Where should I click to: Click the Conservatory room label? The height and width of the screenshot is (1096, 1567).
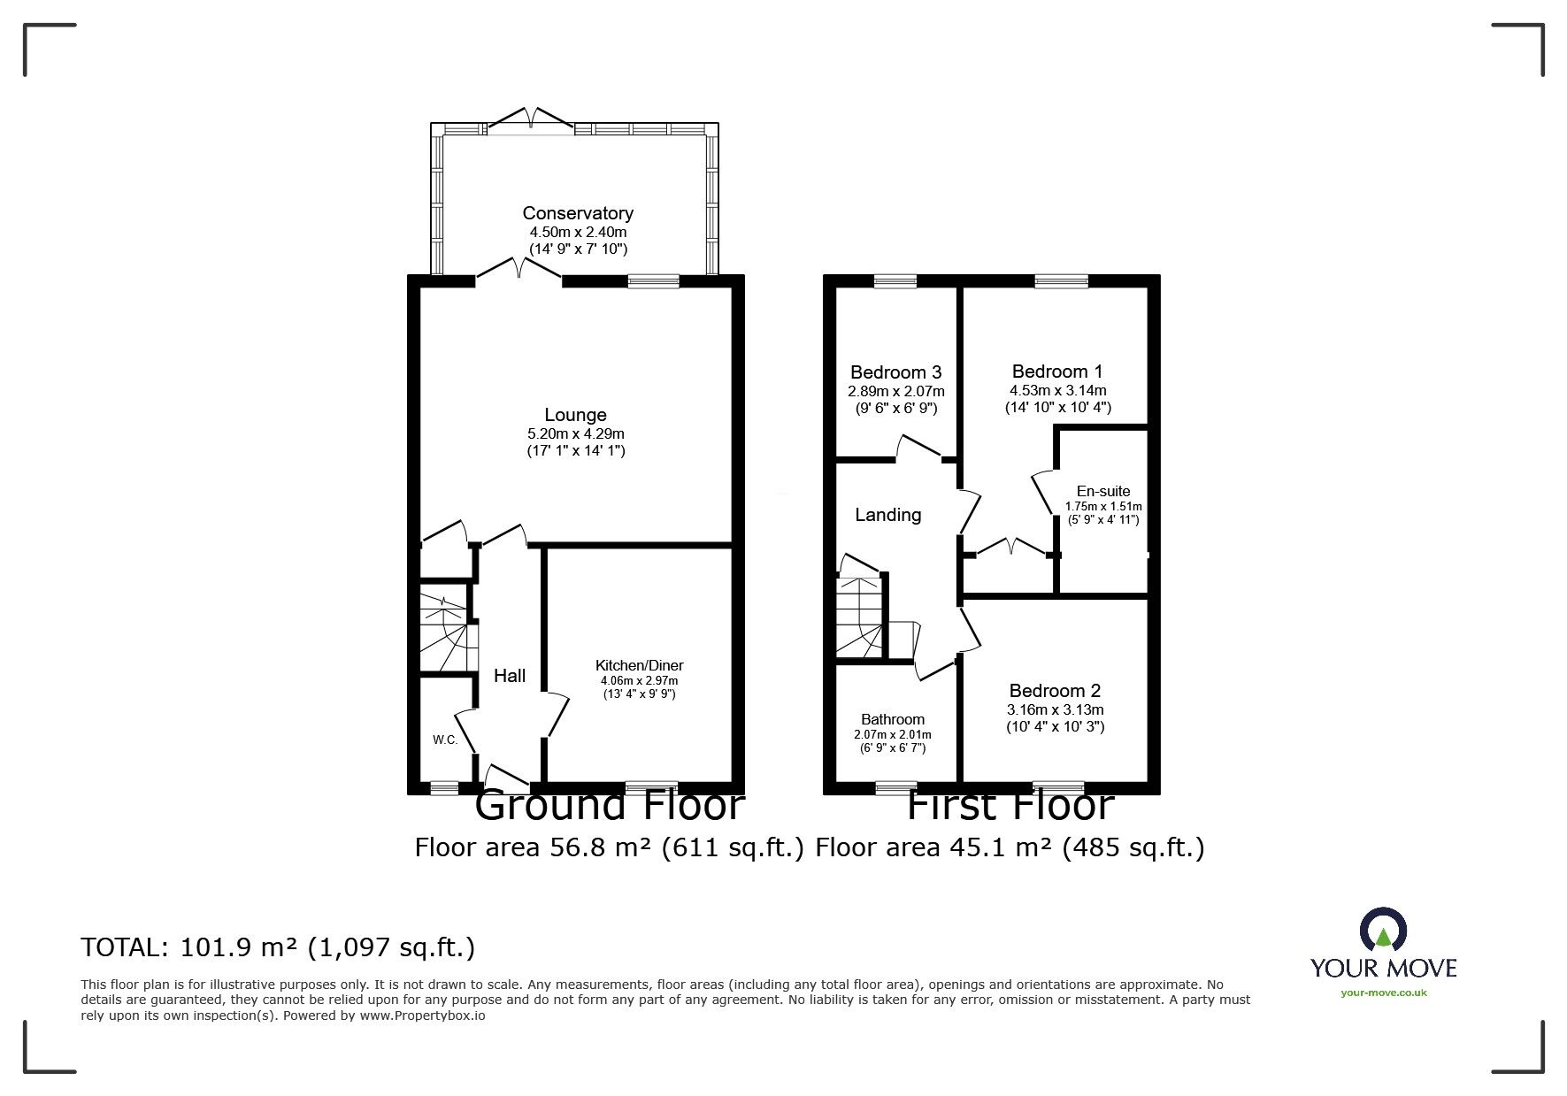click(x=577, y=213)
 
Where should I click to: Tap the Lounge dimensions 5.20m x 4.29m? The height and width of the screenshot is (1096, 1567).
click(x=575, y=433)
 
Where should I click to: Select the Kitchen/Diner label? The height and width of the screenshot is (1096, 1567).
click(x=639, y=665)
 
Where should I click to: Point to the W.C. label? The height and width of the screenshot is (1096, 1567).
click(x=445, y=740)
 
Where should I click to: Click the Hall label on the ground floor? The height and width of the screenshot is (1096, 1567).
click(x=510, y=676)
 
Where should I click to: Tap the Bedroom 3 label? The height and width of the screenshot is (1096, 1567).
click(x=895, y=372)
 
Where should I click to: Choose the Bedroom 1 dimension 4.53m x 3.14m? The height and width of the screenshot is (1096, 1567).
click(x=1057, y=390)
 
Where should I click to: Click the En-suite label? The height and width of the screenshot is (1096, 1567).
click(x=1102, y=491)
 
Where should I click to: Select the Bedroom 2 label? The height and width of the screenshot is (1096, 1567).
click(x=1055, y=691)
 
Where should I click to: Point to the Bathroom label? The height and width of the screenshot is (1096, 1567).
click(x=893, y=719)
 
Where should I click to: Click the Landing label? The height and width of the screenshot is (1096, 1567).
click(x=887, y=515)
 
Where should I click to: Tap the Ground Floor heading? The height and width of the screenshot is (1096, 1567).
click(x=609, y=806)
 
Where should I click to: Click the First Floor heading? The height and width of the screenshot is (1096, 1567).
click(x=1009, y=806)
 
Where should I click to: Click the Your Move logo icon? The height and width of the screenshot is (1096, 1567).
click(x=1383, y=930)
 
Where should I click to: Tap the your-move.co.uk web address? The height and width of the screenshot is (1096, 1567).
click(x=1383, y=993)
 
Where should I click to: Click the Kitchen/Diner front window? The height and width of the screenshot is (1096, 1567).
click(x=651, y=786)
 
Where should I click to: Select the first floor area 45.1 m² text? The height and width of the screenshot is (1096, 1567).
click(x=1009, y=847)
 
